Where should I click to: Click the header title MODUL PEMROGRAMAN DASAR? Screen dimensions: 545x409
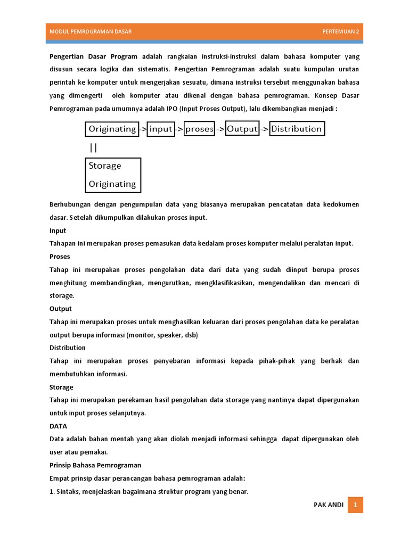pos(91,31)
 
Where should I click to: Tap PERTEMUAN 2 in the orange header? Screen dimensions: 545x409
pos(340,31)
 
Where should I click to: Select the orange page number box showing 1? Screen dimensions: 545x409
pos(355,505)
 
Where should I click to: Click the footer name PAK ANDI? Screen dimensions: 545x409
pos(329,505)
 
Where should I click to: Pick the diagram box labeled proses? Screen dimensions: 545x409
pos(199,129)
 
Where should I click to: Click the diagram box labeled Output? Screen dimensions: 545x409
pos(242,129)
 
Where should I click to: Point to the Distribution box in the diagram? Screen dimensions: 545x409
pos(297,129)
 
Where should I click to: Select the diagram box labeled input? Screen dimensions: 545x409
pos(161,129)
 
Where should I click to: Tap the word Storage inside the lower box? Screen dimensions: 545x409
pos(105,166)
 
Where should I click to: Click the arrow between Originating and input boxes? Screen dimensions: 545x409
pos(143,129)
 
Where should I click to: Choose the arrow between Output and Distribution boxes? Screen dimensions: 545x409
pos(264,129)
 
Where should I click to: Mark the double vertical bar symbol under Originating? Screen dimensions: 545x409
pos(93,147)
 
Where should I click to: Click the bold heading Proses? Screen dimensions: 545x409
pos(60,257)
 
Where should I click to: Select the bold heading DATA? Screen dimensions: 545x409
pos(58,426)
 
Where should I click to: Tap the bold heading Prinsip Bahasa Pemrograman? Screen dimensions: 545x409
pos(95,465)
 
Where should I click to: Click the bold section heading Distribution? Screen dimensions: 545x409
pos(67,348)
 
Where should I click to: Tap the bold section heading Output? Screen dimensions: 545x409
pos(61,309)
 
